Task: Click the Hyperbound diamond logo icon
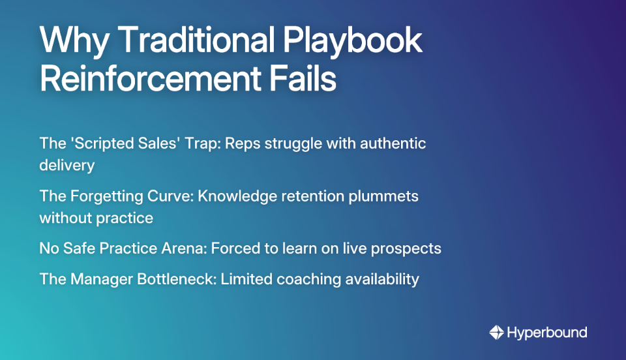pyautogui.click(x=496, y=333)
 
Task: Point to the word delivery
pyautogui.click(x=67, y=165)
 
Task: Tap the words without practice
pyautogui.click(x=96, y=218)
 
